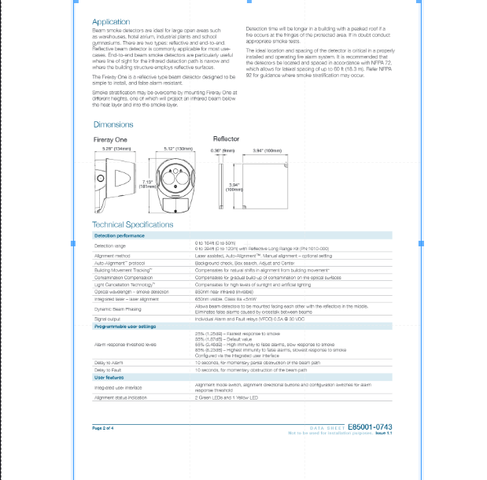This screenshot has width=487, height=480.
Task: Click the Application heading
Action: pos(111,21)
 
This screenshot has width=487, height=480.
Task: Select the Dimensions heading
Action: pos(113,124)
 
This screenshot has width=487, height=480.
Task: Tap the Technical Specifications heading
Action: pos(132,225)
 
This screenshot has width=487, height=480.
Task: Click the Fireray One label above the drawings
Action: pos(110,139)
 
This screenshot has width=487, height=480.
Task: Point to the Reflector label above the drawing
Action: pos(226,138)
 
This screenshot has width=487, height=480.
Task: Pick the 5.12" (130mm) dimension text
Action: pos(179,148)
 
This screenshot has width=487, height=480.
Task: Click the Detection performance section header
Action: pos(120,235)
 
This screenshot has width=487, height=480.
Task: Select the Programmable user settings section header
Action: pos(125,326)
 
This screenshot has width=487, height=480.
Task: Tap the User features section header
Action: pos(109,378)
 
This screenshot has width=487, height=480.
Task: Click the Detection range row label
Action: pos(110,246)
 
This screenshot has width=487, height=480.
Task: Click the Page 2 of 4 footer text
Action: pos(103,427)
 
